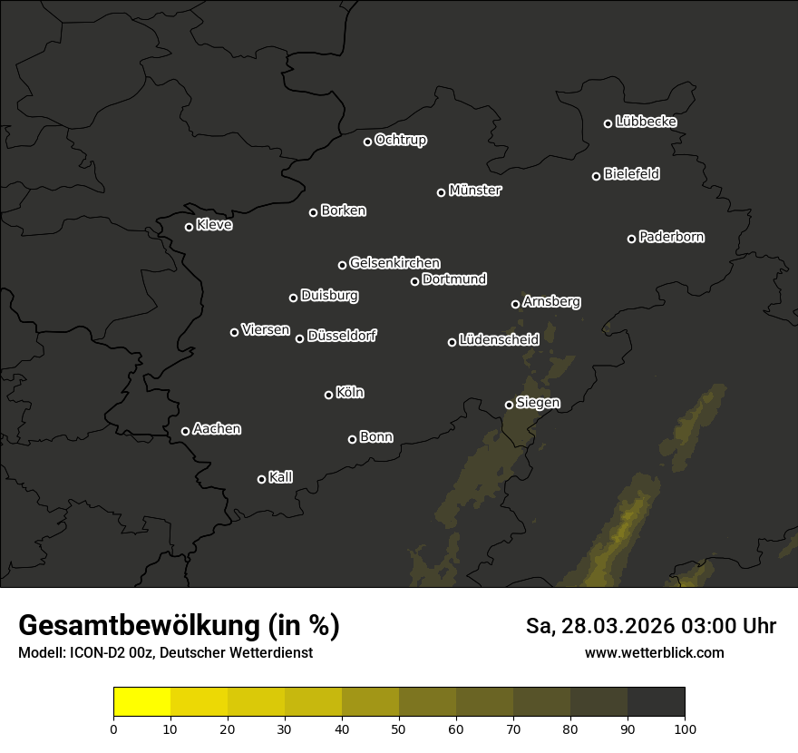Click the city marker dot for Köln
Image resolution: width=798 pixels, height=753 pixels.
(328, 395)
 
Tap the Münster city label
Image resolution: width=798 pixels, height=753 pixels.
(474, 191)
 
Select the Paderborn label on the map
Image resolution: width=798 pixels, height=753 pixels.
(671, 237)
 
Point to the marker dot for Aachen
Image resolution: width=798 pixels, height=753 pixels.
(185, 431)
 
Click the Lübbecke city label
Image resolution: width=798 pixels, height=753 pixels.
(646, 122)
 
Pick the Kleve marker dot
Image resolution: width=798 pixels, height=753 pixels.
(189, 227)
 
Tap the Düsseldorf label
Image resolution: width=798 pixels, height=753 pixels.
(341, 336)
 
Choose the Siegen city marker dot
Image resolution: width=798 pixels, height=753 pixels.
(509, 405)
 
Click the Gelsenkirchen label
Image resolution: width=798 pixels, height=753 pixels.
(394, 263)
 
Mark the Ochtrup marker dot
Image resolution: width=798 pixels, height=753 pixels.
(367, 142)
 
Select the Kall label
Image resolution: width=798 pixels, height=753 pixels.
(280, 477)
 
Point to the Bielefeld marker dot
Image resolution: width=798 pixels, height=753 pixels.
(596, 176)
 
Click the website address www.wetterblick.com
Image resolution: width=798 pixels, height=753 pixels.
(654, 652)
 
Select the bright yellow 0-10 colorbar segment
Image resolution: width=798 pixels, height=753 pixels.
(141, 702)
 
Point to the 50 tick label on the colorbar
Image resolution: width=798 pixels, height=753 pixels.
(399, 729)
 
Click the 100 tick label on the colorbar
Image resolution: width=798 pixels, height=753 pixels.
(685, 729)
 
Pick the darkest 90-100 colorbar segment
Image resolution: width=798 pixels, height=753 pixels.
(656, 702)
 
